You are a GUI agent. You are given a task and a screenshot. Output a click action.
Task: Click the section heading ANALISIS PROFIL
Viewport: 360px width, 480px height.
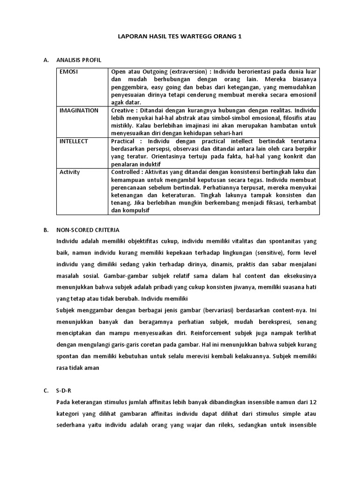tap(78, 60)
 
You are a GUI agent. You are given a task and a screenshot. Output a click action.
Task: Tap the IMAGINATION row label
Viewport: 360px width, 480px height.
tap(79, 111)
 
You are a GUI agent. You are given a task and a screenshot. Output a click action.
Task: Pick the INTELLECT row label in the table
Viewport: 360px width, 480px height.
tap(74, 141)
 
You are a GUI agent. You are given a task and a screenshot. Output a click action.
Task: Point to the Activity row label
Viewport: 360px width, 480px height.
tap(70, 172)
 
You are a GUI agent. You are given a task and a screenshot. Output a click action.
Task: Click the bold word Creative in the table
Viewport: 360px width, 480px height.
tap(123, 111)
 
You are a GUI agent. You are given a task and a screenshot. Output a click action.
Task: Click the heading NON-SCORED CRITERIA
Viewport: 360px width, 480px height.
tap(88, 230)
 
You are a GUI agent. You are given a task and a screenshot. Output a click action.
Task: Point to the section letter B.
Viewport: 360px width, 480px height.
tap(45, 230)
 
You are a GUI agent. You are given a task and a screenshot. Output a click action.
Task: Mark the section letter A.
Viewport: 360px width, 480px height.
tap(45, 60)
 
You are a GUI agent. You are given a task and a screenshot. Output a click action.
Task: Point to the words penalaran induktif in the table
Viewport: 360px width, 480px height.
tap(136, 165)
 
